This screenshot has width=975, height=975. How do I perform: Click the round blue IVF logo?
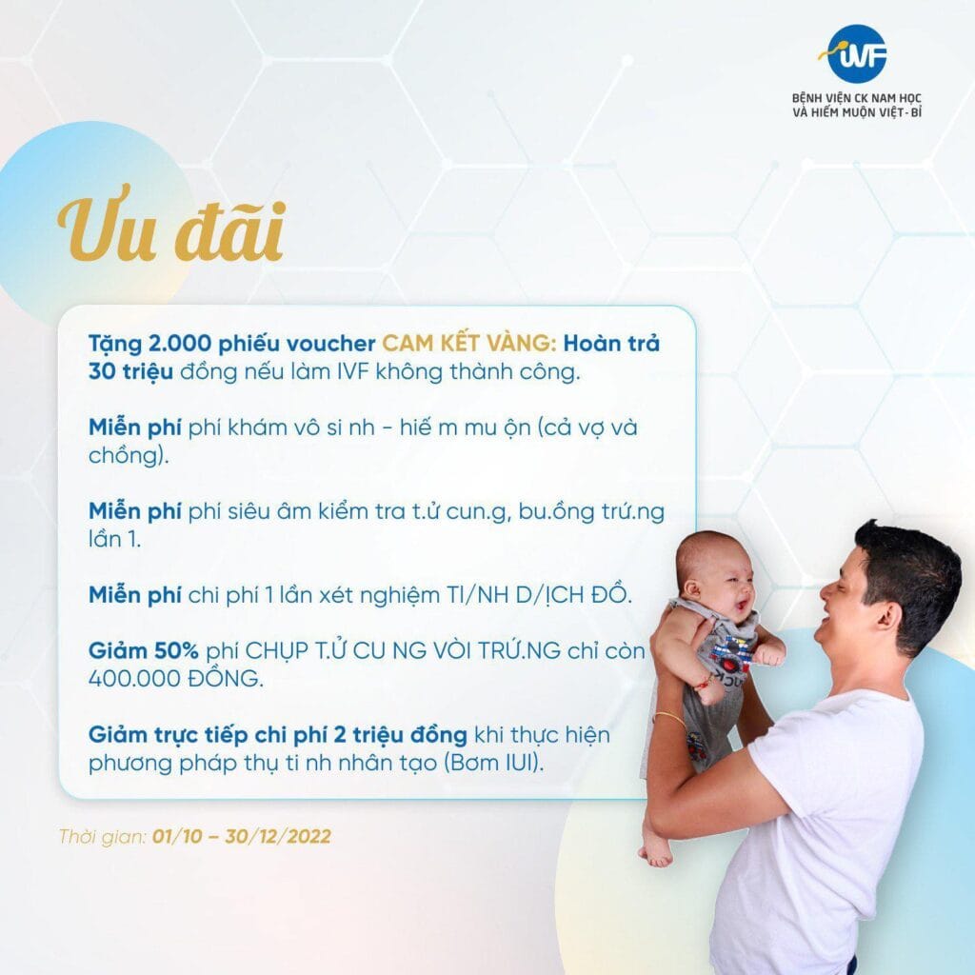(x=857, y=54)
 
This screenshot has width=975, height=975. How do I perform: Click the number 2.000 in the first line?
(x=180, y=343)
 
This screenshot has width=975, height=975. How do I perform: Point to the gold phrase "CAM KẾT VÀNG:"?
(x=469, y=343)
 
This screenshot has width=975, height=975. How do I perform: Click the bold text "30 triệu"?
(x=130, y=371)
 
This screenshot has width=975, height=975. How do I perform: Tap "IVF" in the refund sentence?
(x=352, y=371)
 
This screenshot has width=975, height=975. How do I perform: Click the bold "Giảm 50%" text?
(x=144, y=650)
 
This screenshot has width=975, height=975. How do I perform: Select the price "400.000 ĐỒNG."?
(x=175, y=678)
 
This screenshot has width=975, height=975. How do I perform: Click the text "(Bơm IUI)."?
(x=493, y=763)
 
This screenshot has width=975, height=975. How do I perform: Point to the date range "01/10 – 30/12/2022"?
(x=241, y=836)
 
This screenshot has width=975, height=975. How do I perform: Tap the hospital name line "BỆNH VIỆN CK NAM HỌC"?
(x=856, y=98)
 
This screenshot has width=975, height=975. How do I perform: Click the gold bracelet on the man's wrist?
(x=668, y=718)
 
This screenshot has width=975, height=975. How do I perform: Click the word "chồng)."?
(x=129, y=456)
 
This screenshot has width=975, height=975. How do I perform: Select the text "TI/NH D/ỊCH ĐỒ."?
(x=539, y=595)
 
